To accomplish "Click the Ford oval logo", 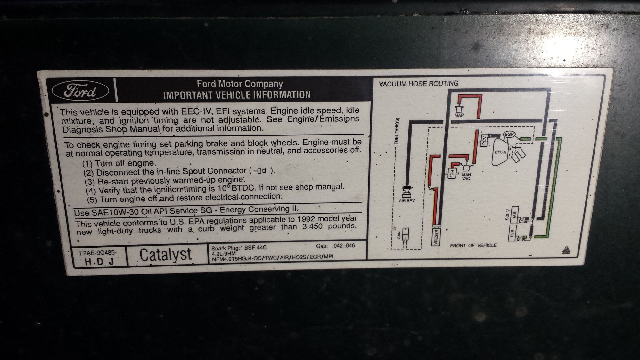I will click(x=80, y=91).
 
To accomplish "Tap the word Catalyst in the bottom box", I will click(x=166, y=255).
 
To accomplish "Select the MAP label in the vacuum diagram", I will click(x=459, y=115).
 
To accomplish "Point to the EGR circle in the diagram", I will click(x=509, y=134).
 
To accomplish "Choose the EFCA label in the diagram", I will click(x=500, y=152).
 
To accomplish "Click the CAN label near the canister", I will click(x=399, y=235).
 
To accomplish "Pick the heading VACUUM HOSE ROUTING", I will click(x=419, y=84).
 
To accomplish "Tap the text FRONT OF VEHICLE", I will click(x=473, y=245).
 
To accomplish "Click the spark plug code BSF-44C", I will click(x=255, y=248).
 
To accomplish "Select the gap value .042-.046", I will click(x=344, y=246).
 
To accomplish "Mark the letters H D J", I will click(x=99, y=262).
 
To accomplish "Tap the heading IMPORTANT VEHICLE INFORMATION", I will click(x=237, y=95).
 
